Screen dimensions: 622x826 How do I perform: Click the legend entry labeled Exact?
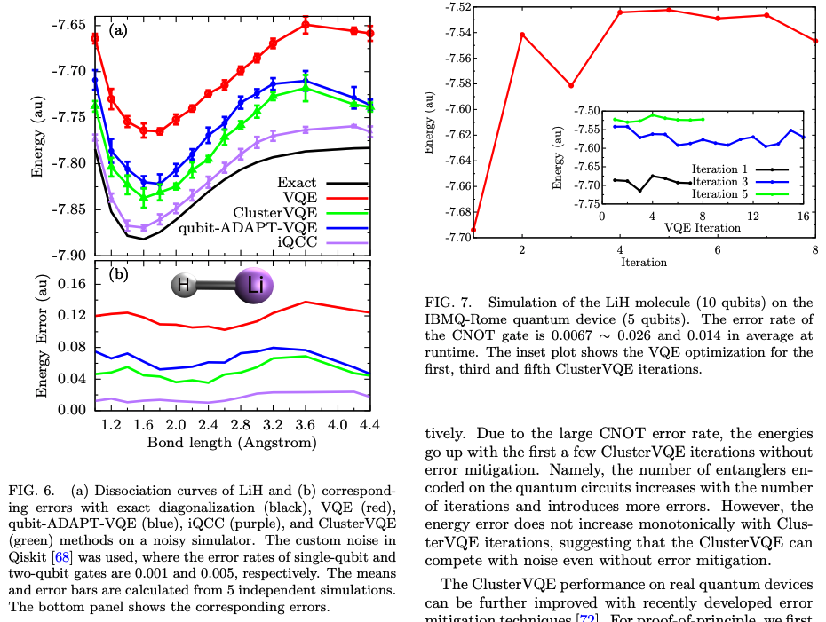(297, 183)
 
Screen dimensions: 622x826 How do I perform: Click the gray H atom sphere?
(184, 286)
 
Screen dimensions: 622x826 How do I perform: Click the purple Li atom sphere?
(255, 285)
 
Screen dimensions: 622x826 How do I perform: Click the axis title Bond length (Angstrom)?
(231, 441)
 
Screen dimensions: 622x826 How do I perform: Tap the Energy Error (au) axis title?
(40, 337)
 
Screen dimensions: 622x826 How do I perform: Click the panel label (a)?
(118, 31)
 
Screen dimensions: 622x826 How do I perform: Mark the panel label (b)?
(118, 274)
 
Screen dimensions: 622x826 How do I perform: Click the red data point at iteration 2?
(521, 35)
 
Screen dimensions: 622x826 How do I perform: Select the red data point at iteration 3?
(571, 85)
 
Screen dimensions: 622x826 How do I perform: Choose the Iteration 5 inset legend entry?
(719, 193)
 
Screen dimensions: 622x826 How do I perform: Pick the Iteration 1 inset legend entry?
(719, 168)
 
